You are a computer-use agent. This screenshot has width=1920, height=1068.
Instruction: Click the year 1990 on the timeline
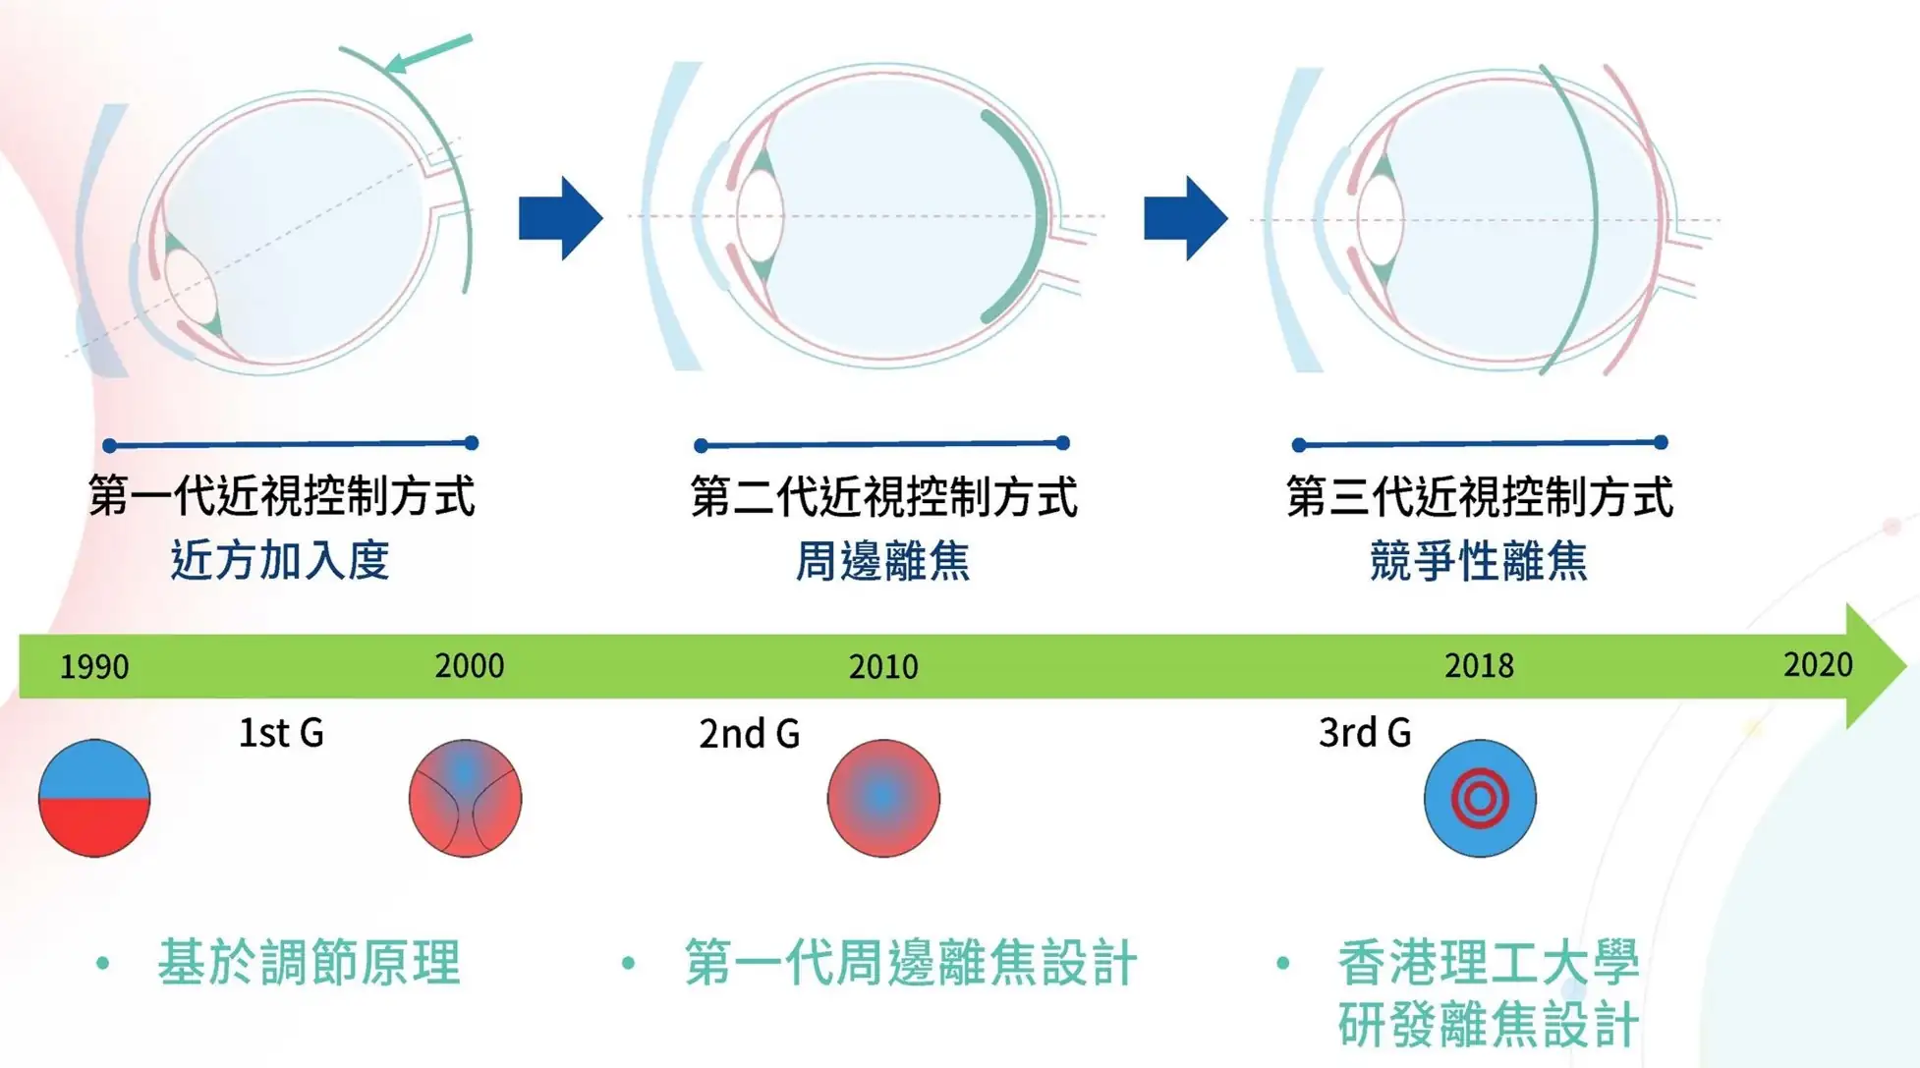click(94, 667)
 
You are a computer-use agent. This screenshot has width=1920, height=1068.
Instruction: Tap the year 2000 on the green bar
click(470, 666)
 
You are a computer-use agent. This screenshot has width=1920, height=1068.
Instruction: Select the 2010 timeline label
click(883, 667)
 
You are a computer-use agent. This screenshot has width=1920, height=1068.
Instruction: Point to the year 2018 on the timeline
click(1479, 666)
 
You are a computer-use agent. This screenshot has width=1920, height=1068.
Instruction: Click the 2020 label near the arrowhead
click(1818, 665)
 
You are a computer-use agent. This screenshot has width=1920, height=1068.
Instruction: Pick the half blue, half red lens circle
click(94, 798)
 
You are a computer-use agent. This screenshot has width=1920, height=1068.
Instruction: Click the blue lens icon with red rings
click(1480, 798)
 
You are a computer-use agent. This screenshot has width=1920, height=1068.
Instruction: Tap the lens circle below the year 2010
click(883, 798)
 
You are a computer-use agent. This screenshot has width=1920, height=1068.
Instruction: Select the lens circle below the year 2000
click(465, 798)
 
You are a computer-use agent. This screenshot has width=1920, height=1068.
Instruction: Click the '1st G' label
click(281, 733)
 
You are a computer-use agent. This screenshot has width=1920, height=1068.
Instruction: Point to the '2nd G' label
click(749, 734)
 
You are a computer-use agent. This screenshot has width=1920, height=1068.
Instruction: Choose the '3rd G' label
click(1365, 733)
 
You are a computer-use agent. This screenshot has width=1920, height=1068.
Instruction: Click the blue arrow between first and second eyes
click(560, 218)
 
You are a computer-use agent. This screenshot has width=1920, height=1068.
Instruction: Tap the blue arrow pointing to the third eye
click(1185, 218)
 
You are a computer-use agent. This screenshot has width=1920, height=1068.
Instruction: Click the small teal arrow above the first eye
click(428, 53)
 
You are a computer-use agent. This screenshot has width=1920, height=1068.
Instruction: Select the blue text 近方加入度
click(280, 560)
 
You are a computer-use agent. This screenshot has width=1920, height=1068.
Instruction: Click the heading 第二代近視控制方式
click(883, 496)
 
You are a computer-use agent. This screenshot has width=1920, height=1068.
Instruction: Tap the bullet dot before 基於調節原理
click(103, 963)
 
